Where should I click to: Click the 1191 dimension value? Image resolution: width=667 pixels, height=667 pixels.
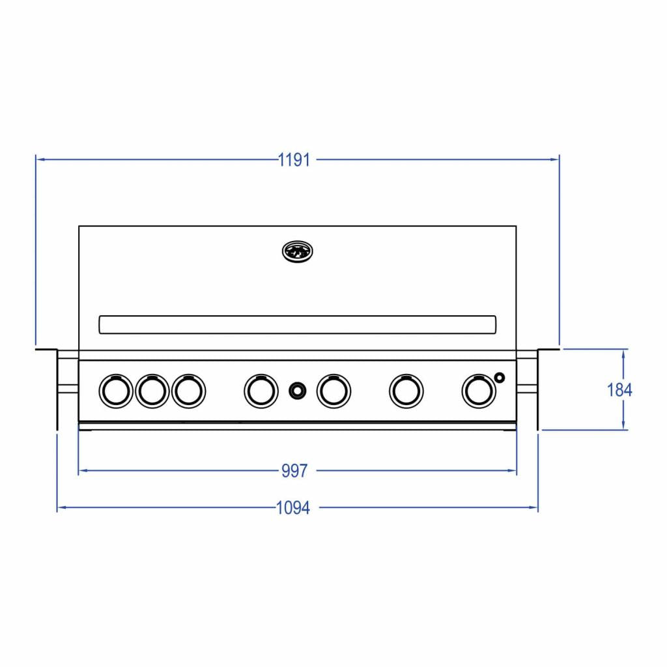coord(294,160)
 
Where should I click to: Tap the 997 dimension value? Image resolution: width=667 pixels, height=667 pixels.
coord(294,471)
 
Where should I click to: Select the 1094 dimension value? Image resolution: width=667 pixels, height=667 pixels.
coord(294,508)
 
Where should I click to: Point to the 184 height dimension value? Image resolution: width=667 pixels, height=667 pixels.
coord(619,390)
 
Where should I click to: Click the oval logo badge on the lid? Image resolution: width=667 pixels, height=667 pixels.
coord(298,251)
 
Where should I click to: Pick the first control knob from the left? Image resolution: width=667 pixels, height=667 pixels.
coord(115,390)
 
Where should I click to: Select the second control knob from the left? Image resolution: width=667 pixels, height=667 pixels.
coord(152,390)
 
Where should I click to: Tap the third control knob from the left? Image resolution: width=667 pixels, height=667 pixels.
coord(188,390)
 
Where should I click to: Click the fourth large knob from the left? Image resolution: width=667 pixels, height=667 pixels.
coord(261,390)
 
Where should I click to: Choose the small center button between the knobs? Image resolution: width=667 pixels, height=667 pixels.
coord(297,390)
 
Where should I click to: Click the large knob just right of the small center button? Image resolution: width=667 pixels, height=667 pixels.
coord(333,390)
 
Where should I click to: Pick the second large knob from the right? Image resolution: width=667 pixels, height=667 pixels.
coord(406,390)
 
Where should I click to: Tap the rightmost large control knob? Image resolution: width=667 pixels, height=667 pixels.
coord(478,390)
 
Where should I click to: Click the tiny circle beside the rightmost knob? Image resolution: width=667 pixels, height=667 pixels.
coord(500,376)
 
